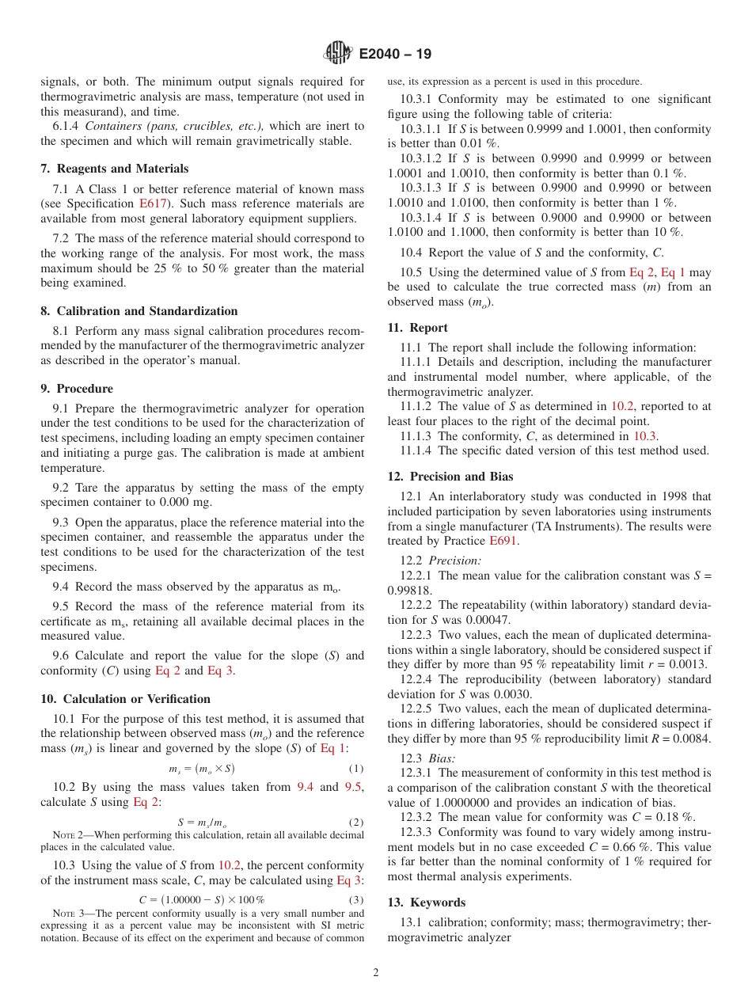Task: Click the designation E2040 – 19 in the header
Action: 395,55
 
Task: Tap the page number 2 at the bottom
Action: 376,972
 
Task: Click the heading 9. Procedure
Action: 77,389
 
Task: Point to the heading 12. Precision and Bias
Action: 450,477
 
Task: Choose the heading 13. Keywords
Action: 426,902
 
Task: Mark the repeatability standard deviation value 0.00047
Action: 486,620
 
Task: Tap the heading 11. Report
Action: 417,328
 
